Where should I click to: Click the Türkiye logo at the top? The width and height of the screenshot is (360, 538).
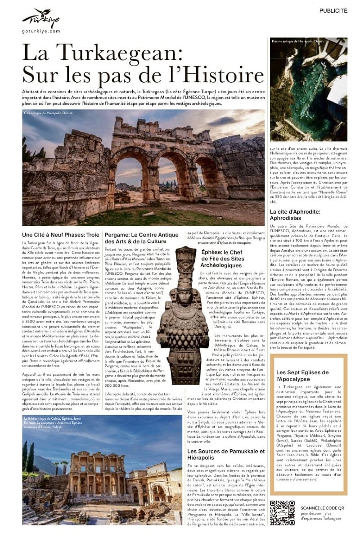point(40,19)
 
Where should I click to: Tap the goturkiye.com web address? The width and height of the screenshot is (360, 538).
point(40,31)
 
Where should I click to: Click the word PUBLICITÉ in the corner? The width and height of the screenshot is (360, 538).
point(333,11)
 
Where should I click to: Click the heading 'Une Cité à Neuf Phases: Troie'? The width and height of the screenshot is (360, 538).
point(60,235)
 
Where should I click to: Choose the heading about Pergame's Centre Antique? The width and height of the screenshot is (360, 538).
point(141,238)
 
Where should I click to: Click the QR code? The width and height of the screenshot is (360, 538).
point(282,512)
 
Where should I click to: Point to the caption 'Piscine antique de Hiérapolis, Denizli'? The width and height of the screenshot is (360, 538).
point(298,41)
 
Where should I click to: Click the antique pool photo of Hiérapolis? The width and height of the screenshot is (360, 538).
point(308,90)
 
